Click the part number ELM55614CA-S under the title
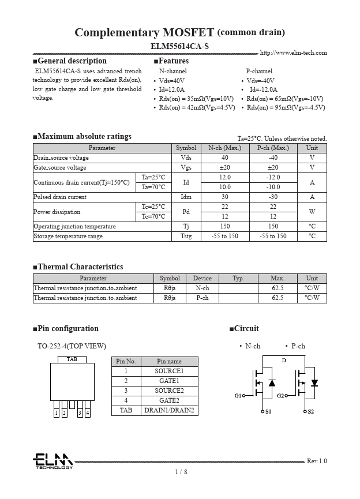[179, 46]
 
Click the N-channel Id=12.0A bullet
[171, 89]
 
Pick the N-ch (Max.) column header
[225, 148]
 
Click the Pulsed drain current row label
[60, 197]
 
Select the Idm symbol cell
[186, 197]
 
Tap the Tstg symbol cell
[186, 237]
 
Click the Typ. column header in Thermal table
[238, 279]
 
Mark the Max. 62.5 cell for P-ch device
[277, 298]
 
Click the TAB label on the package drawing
[72, 359]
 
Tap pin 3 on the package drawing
[80, 412]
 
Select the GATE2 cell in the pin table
[169, 400]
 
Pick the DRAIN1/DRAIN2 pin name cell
[169, 411]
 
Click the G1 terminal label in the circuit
[238, 396]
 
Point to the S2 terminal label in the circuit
[310, 411]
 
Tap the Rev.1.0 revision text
[316, 461]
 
